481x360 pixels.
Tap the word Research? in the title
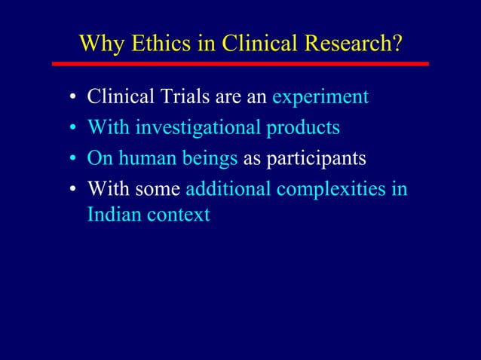[354, 44]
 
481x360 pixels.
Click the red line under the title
[240, 64]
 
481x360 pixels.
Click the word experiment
[320, 98]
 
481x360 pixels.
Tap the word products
[302, 128]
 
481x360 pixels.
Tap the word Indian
[112, 214]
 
